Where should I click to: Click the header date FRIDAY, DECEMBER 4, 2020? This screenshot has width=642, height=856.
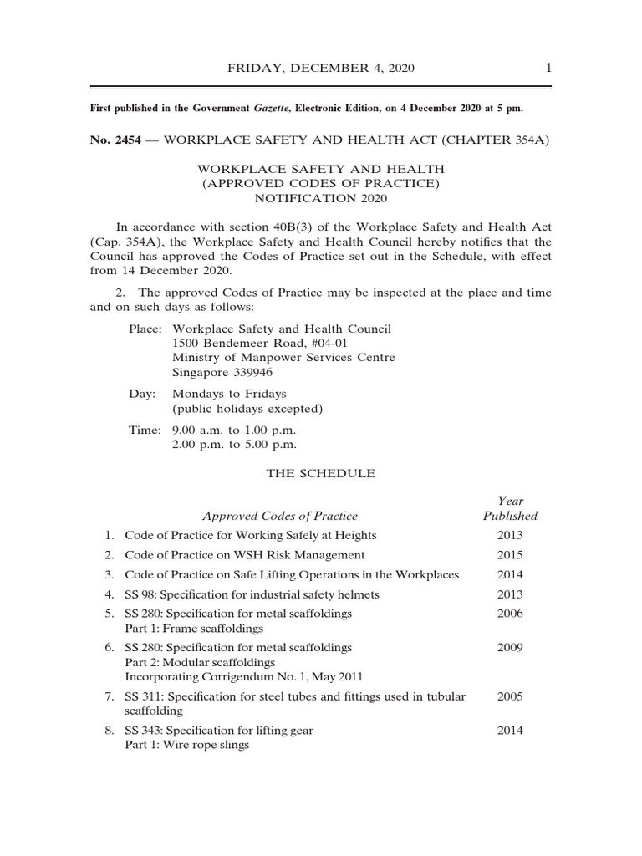click(321, 68)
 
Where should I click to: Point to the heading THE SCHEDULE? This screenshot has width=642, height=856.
click(321, 473)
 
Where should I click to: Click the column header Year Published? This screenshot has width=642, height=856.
click(510, 508)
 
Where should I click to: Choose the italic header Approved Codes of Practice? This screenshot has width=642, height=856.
click(280, 516)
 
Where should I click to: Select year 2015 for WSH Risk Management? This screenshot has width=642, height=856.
click(510, 555)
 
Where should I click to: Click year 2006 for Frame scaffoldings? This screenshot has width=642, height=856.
click(510, 614)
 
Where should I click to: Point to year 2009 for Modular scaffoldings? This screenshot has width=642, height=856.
click(510, 647)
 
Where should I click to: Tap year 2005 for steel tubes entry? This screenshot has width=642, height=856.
click(510, 696)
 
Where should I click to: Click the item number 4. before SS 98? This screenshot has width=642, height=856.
click(110, 594)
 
